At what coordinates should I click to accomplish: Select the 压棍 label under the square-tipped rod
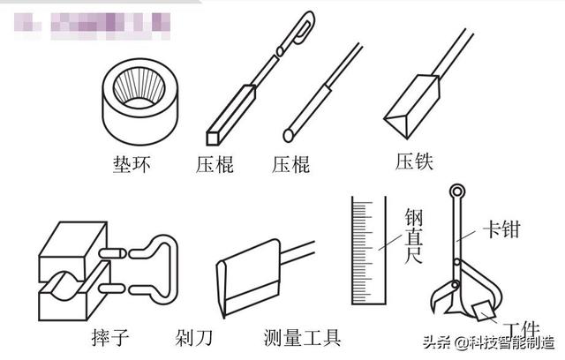pyautogui.click(x=215, y=165)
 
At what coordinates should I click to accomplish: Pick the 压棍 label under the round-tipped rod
pyautogui.click(x=290, y=165)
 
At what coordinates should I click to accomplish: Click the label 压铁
pyautogui.click(x=415, y=161)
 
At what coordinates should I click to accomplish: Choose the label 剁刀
pyautogui.click(x=192, y=337)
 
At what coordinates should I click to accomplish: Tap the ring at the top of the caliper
pyautogui.click(x=458, y=191)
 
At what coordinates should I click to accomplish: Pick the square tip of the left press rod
pyautogui.click(x=213, y=136)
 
